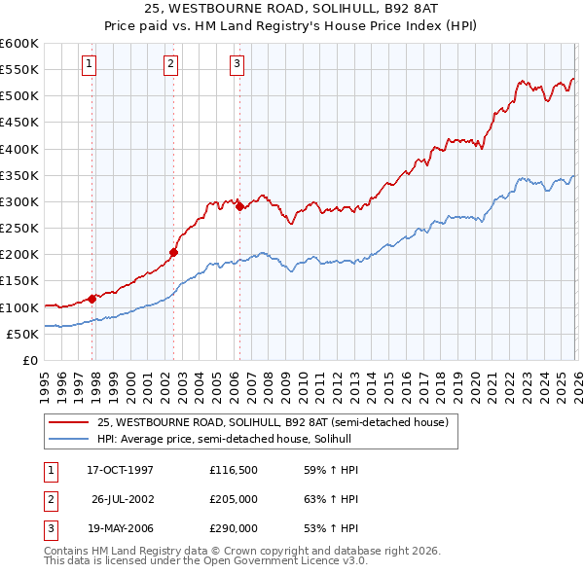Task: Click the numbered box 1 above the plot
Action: tap(89, 64)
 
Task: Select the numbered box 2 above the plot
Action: tap(170, 64)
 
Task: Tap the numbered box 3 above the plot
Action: tap(237, 64)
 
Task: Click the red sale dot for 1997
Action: tap(92, 299)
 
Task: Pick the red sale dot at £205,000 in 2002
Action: tap(173, 252)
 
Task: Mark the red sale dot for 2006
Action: tap(239, 206)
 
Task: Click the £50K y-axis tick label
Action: tap(22, 334)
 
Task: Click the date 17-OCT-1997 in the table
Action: tap(121, 470)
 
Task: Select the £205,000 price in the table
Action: tap(234, 499)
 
